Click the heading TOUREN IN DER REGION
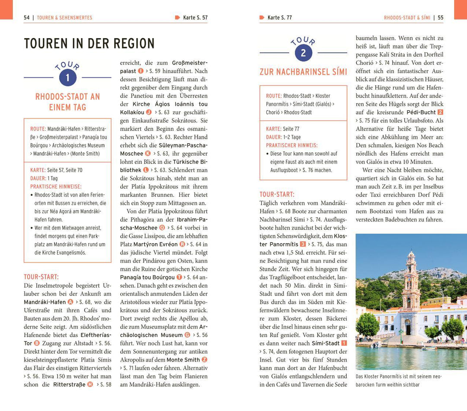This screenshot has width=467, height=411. point(89,44)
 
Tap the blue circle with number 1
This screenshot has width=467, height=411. point(67,77)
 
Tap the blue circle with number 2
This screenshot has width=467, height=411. point(303,53)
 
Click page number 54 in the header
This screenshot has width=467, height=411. point(27,18)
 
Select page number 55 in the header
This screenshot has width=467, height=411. point(440,18)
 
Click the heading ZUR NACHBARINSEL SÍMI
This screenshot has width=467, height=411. point(303,72)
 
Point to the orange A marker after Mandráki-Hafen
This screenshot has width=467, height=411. point(70,302)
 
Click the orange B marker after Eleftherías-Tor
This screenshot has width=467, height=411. point(37,343)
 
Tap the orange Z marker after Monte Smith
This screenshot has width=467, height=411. point(205,360)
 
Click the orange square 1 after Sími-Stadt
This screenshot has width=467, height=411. point(344,343)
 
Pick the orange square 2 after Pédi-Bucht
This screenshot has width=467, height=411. point(440,112)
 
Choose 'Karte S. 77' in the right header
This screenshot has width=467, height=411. point(279,18)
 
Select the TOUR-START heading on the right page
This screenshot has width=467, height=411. point(277,194)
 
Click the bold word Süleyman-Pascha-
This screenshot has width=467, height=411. point(183,145)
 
